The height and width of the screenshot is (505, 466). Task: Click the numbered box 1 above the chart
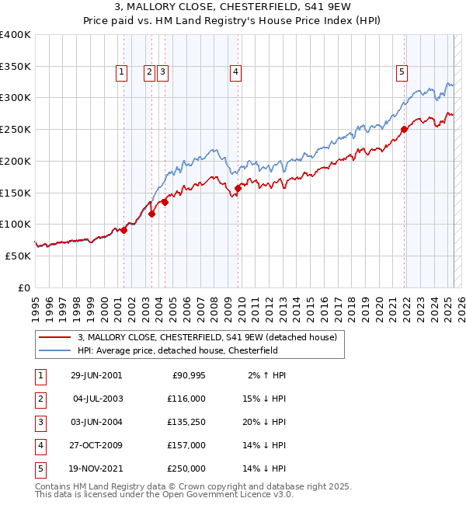coord(122,72)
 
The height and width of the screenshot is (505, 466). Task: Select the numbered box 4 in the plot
coord(235,72)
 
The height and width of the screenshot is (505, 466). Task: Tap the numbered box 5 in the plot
coord(402,72)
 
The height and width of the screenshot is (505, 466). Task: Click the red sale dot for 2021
coord(404,130)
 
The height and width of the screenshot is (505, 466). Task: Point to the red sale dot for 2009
coord(238,188)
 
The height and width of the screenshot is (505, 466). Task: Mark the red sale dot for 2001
coord(123,230)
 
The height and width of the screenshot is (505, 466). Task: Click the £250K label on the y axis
coord(16,129)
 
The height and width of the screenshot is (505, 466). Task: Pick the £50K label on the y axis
coord(18,256)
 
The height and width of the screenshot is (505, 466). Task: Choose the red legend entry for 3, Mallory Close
coord(207,337)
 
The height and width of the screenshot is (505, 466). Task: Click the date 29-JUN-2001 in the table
coord(96,375)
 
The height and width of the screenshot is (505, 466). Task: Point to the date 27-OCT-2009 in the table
coord(96,445)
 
